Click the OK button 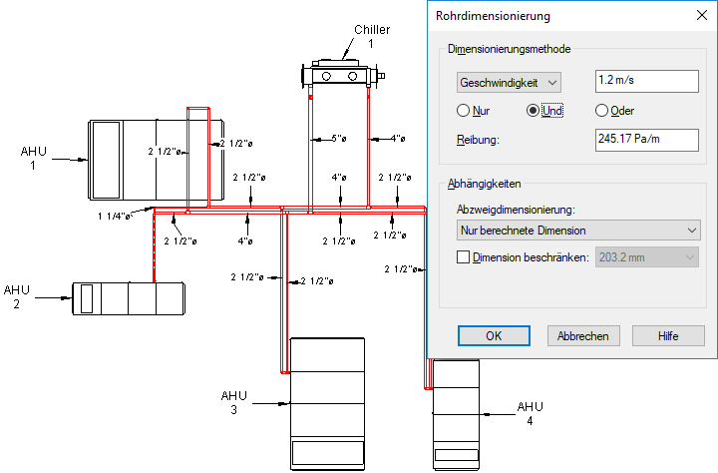pos(494,336)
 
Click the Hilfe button pos(668,336)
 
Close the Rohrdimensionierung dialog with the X pos(701,15)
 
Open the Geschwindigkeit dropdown pos(509,83)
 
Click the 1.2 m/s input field pos(647,81)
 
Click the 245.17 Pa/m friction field pos(647,140)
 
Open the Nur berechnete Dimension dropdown pos(578,231)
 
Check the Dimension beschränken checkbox pos(463,257)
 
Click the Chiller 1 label pos(371,36)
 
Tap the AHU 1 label pos(34,158)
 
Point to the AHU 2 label pos(17,297)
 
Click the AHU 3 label pos(234,402)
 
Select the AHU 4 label pos(530,413)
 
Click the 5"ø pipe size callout pos(339,139)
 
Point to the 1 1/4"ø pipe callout pos(115,216)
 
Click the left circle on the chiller pos(326,76)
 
